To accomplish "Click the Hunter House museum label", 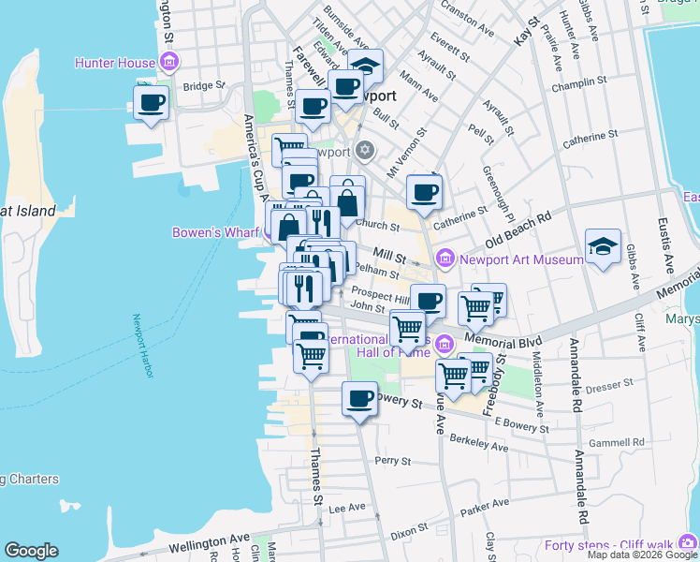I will tap(115, 64).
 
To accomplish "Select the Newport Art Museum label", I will tap(506, 257).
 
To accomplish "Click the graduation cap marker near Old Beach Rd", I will tap(603, 246).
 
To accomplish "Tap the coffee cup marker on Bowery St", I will tap(359, 400).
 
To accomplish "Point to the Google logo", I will tap(31, 551).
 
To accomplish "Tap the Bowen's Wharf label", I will tap(217, 232).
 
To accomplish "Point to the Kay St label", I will tap(526, 33).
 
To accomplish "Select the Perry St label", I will tap(392, 461).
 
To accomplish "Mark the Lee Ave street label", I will tap(347, 508).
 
